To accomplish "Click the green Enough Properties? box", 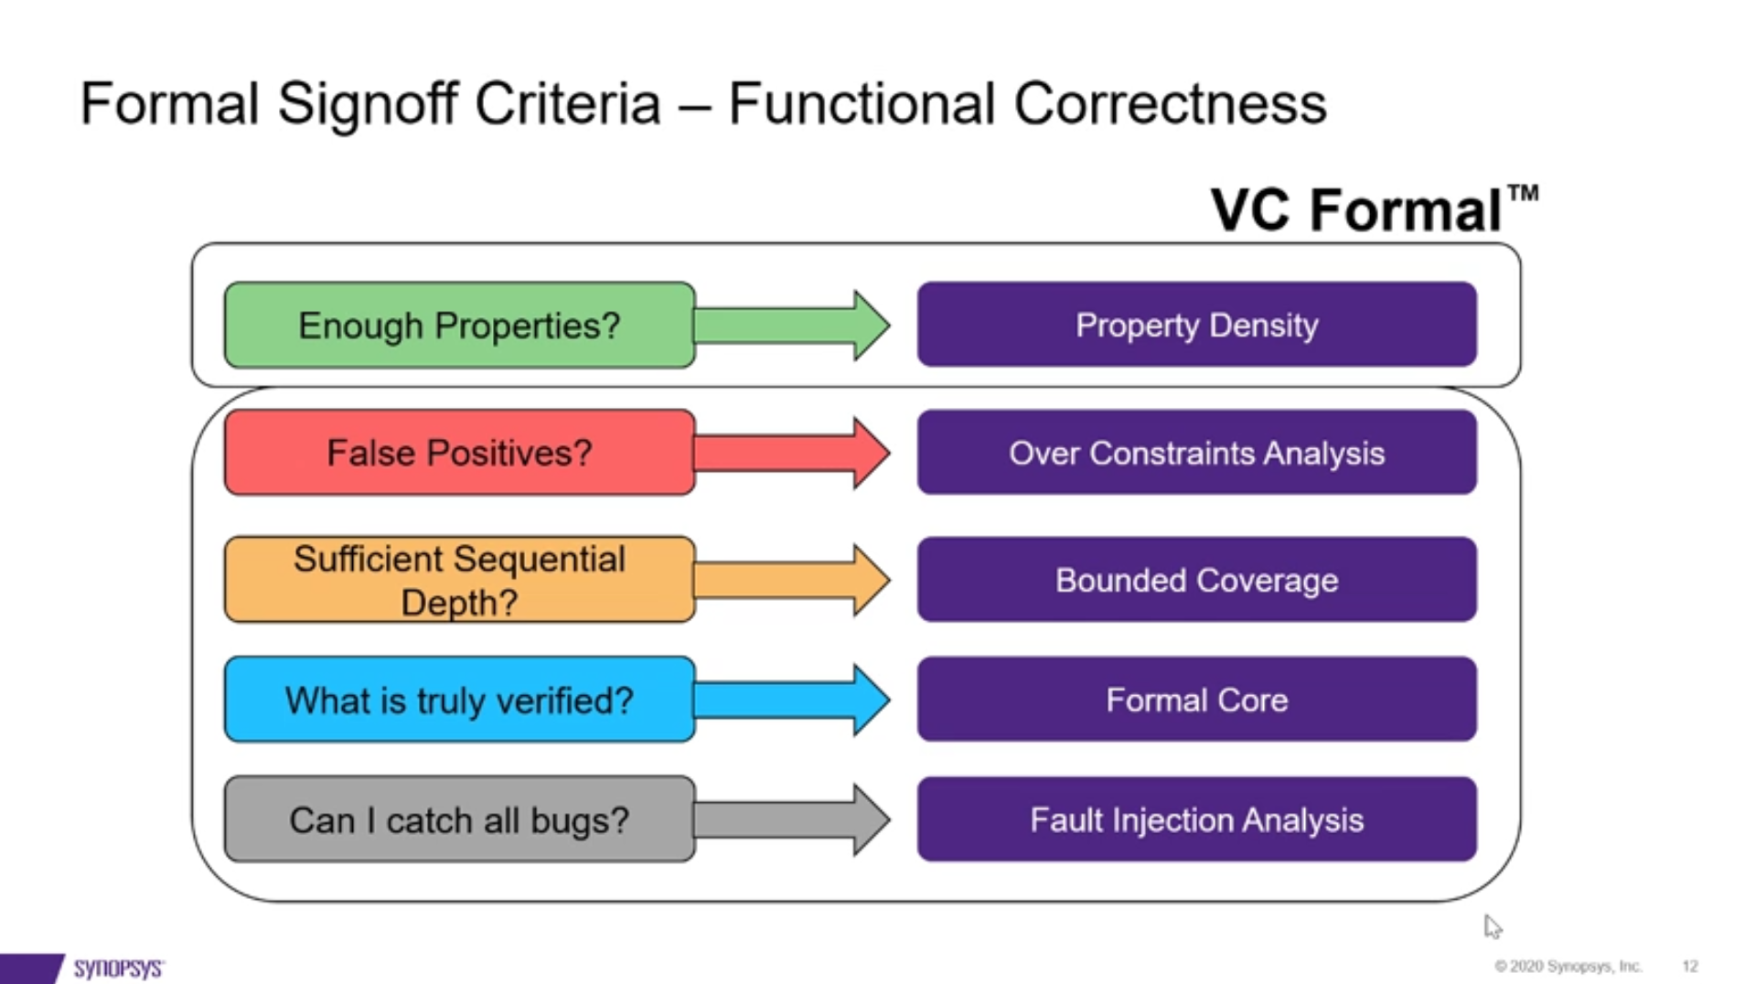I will pos(459,326).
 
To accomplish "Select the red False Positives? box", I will pos(459,453).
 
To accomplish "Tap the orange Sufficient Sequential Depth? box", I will pos(459,580).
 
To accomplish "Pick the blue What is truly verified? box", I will pos(459,700).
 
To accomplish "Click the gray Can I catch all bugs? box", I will pos(459,819).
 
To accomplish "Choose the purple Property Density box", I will pos(1196,325).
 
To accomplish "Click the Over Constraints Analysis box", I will pos(1196,453).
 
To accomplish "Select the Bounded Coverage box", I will pos(1196,580).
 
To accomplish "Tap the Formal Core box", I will pos(1196,700).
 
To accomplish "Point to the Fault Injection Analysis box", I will pos(1196,819).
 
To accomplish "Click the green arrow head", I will pos(871,326).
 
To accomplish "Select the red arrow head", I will pos(871,453).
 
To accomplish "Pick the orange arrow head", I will pos(871,580).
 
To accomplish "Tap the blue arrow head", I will pos(871,700).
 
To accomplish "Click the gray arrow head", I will pos(871,819).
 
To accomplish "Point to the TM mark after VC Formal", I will pos(1523,193).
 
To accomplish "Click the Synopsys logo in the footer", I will pos(118,968).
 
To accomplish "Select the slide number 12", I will pos(1689,967).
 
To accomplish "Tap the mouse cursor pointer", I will pos(1492,925).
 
